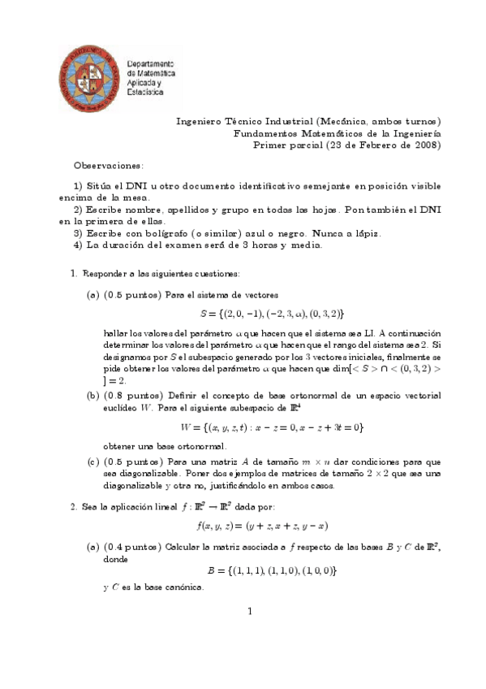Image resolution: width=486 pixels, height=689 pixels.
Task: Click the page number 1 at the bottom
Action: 251,612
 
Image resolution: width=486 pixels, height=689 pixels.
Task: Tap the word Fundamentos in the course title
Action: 262,133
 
